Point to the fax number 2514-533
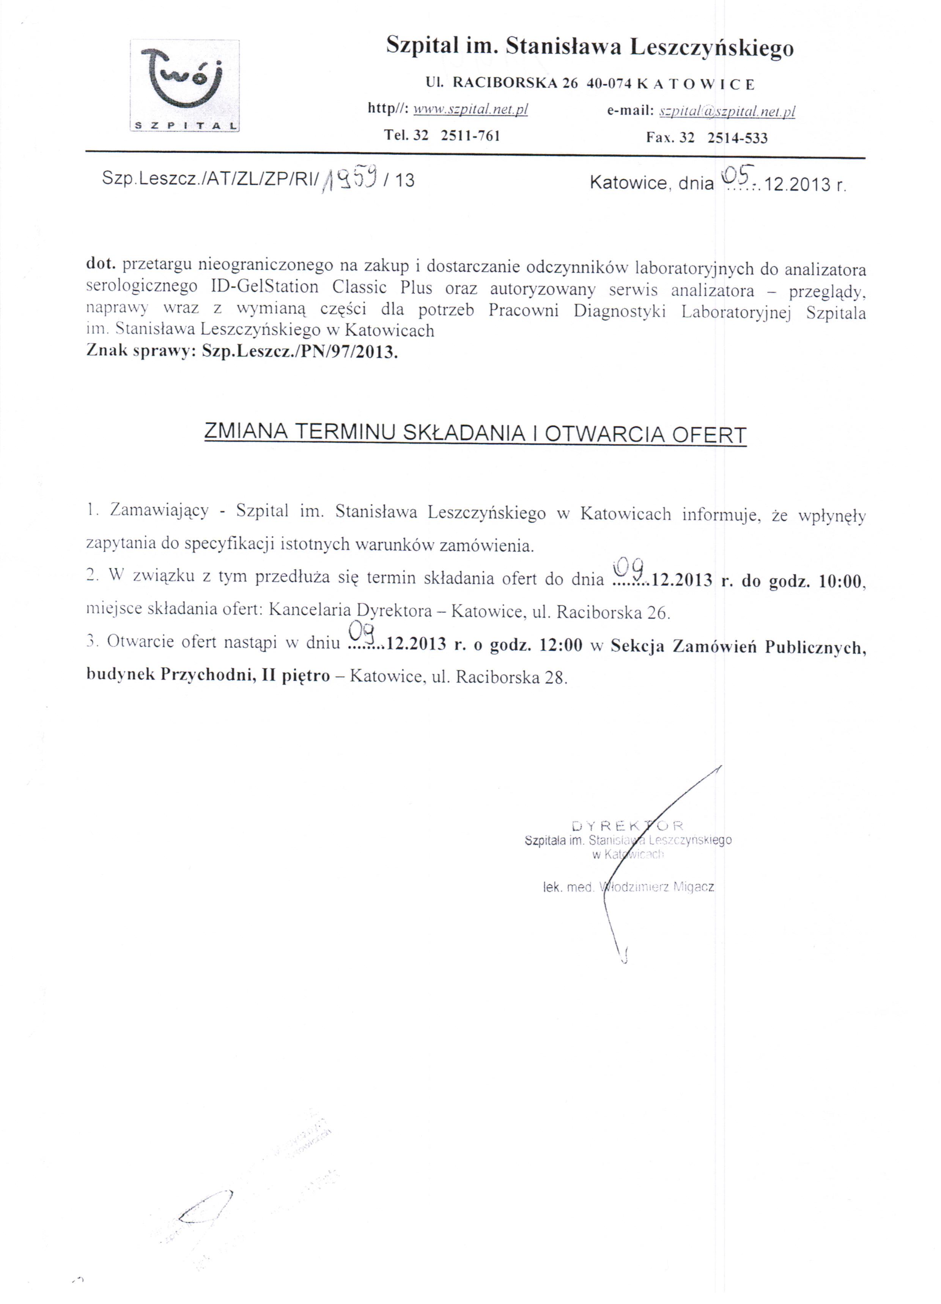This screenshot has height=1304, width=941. click(x=737, y=137)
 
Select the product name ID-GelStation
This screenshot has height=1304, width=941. click(x=264, y=287)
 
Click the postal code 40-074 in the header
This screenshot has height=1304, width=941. click(x=609, y=84)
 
